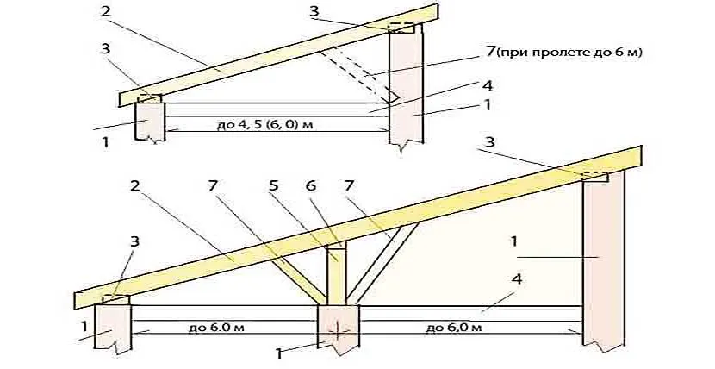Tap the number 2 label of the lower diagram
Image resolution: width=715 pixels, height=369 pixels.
point(134,185)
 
